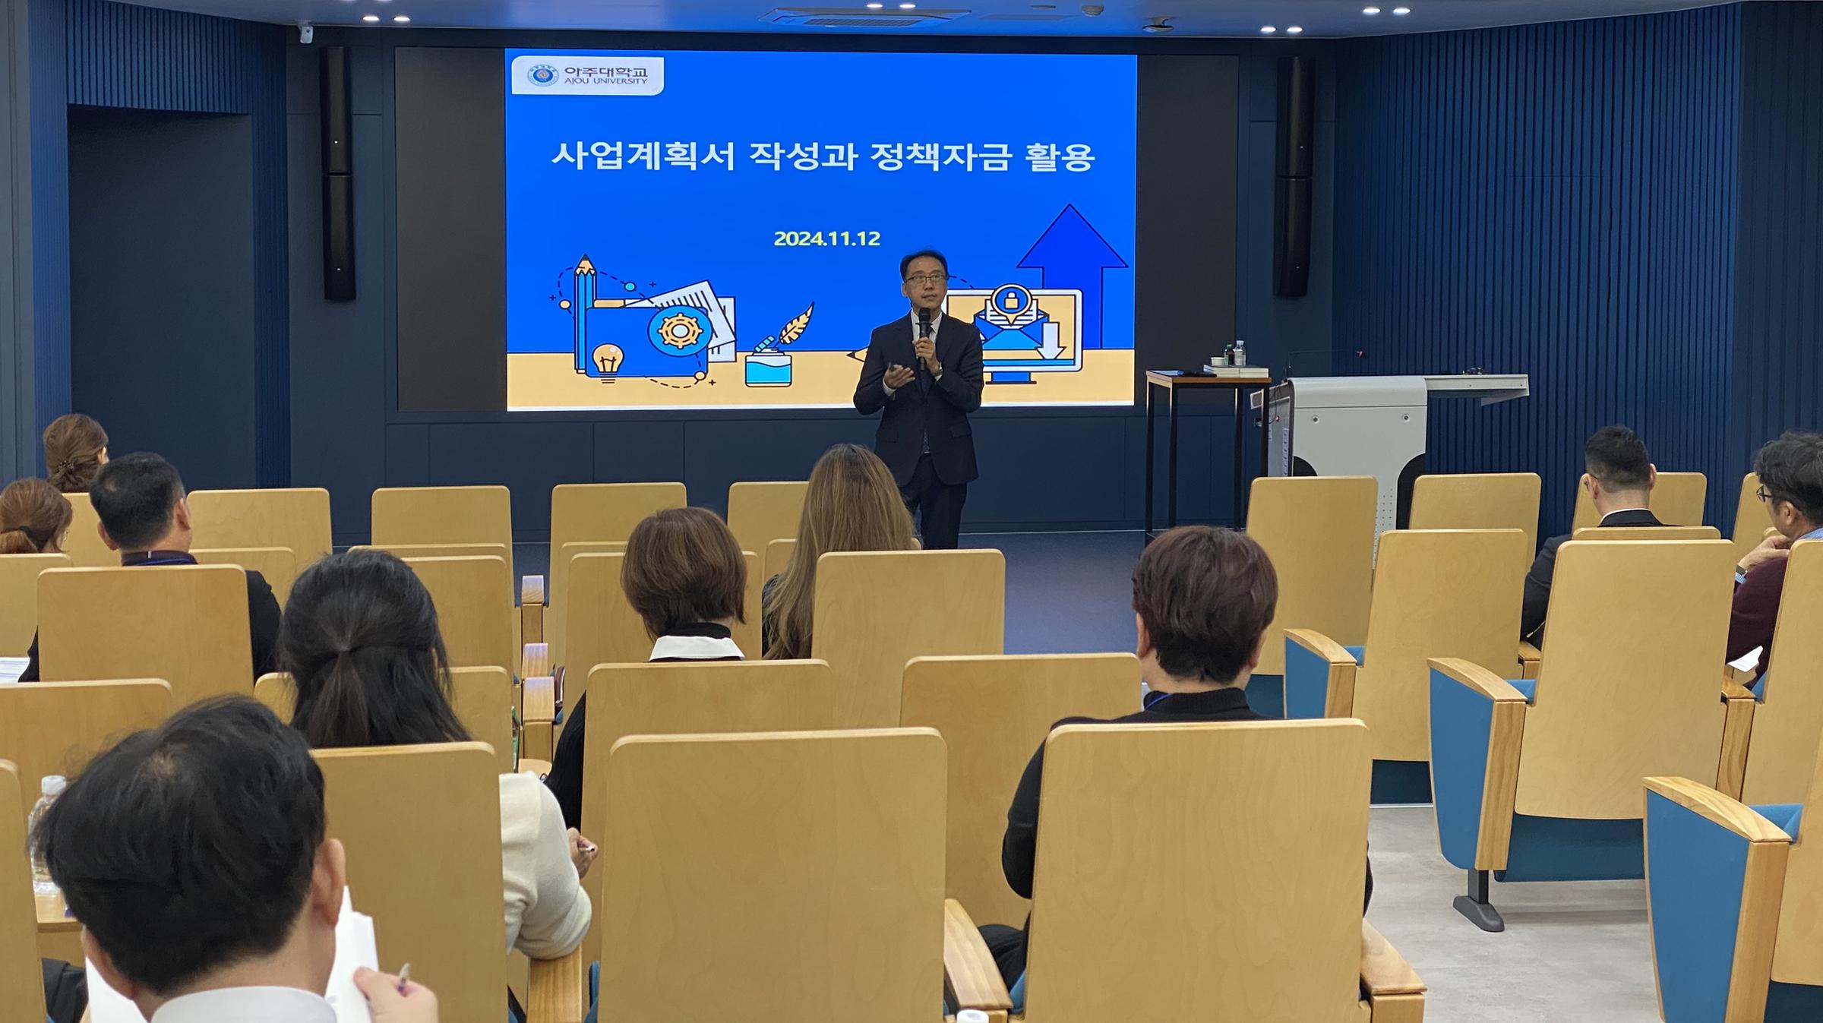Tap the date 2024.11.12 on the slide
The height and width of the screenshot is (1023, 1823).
tap(826, 238)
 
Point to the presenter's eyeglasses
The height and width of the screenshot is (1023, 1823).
tap(924, 279)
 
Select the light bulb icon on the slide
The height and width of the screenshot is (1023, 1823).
tap(608, 362)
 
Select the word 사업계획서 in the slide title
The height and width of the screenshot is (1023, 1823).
tap(643, 157)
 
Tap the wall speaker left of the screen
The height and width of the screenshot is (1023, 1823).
tap(339, 173)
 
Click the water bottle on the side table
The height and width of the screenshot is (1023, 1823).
tap(1240, 353)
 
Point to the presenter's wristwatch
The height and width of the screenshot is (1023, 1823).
tap(939, 368)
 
